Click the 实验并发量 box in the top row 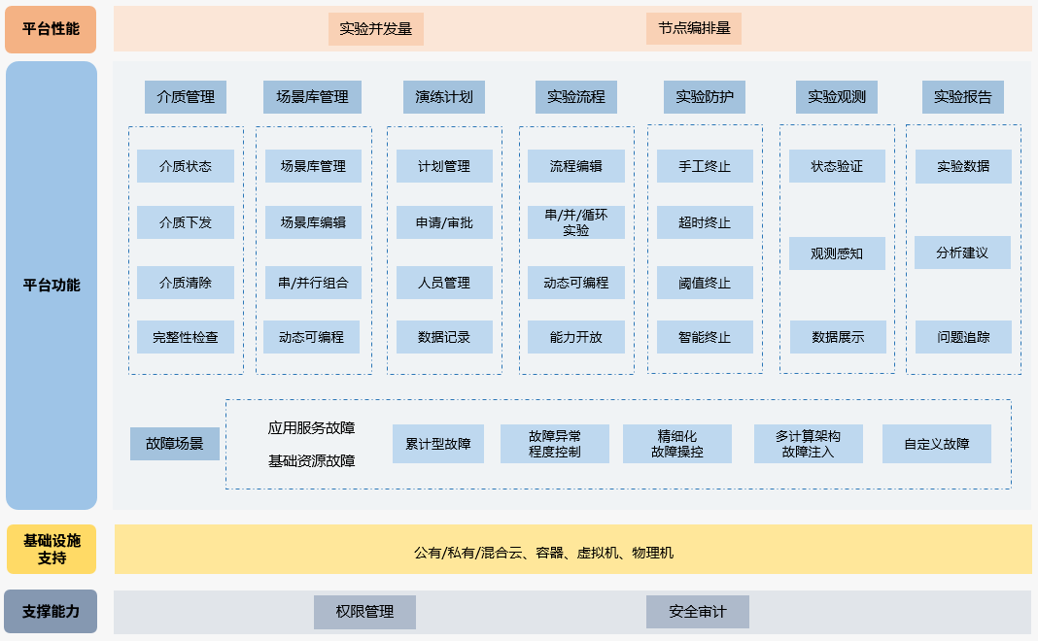[375, 29]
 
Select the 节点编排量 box [693, 29]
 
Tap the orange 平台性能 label [52, 29]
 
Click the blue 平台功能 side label [52, 286]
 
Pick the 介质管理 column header [186, 97]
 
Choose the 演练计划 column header [443, 97]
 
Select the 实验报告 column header [962, 97]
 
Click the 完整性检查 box [186, 338]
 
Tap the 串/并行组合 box [313, 283]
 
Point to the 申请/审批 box [443, 222]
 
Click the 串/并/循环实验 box [575, 222]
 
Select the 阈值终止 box [705, 283]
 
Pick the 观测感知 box [837, 253]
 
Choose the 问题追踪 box [962, 338]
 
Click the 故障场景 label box [175, 444]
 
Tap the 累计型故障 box [437, 444]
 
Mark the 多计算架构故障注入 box [808, 444]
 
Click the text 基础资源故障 [311, 461]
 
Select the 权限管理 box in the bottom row [364, 612]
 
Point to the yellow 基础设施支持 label [52, 550]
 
